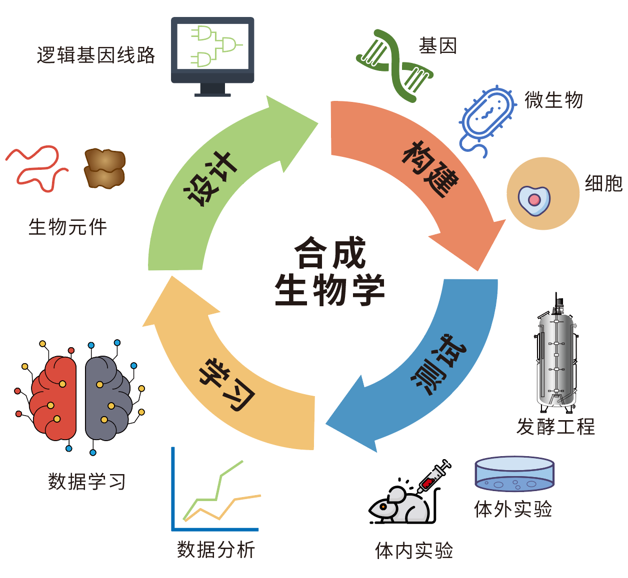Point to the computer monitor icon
tap(212, 52)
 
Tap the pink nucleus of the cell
tap(534, 200)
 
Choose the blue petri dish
tap(514, 475)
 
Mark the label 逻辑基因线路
tap(96, 55)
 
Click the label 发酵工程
tap(555, 427)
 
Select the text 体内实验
tap(414, 551)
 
